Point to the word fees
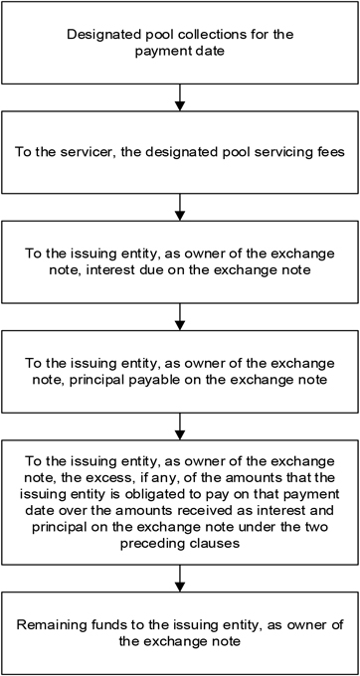pyautogui.click(x=330, y=153)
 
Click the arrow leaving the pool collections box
pyautogui.click(x=180, y=97)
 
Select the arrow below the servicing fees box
pyautogui.click(x=180, y=208)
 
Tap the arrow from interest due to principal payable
pyautogui.click(x=180, y=316)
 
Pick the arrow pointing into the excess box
pyautogui.click(x=180, y=425)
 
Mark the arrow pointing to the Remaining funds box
pyautogui.click(x=180, y=579)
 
